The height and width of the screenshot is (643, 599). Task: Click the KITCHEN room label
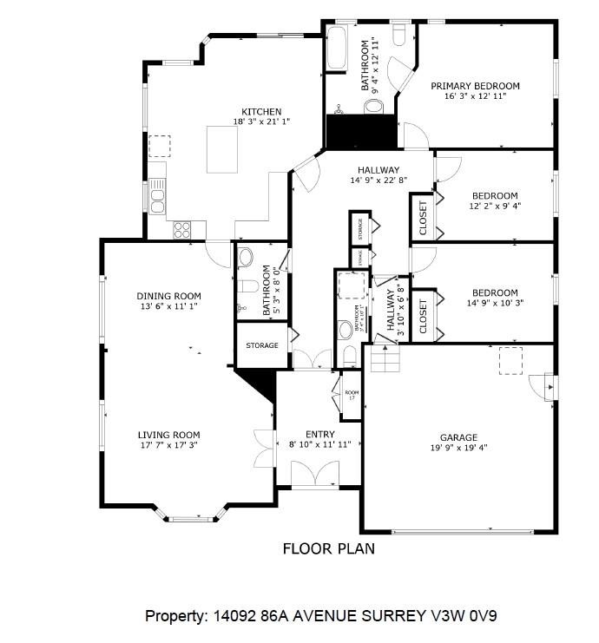261,112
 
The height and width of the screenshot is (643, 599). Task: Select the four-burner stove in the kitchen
182,229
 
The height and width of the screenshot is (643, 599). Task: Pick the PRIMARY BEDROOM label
475,86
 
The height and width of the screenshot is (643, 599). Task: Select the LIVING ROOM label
168,435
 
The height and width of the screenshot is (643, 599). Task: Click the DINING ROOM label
168,296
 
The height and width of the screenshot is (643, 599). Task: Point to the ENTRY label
319,435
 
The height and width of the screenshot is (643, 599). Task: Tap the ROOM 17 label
352,395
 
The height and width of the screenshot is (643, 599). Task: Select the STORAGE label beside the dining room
261,345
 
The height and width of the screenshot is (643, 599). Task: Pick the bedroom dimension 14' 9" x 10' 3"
495,304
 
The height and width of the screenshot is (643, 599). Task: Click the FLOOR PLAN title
329,548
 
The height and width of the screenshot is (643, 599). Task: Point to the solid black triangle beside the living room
260,382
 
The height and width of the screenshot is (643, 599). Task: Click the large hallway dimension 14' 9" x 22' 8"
378,180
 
